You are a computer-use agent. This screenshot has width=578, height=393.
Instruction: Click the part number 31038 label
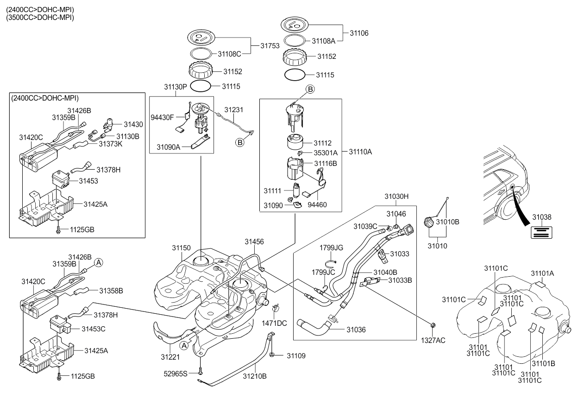click(x=541, y=217)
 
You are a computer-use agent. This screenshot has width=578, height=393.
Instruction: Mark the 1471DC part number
click(x=274, y=323)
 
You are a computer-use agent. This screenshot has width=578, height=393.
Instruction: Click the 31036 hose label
click(x=356, y=330)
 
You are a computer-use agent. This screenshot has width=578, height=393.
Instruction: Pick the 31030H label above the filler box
click(x=396, y=196)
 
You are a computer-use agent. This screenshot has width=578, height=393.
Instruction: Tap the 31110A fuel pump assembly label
click(x=360, y=152)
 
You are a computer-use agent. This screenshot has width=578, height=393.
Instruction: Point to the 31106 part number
click(x=359, y=33)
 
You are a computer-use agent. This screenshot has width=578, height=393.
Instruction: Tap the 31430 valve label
click(x=133, y=124)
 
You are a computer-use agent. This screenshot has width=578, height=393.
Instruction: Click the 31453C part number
click(x=94, y=329)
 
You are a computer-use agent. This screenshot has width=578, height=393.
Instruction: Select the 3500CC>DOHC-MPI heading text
click(x=40, y=18)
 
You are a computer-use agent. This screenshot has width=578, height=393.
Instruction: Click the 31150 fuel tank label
click(x=181, y=248)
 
